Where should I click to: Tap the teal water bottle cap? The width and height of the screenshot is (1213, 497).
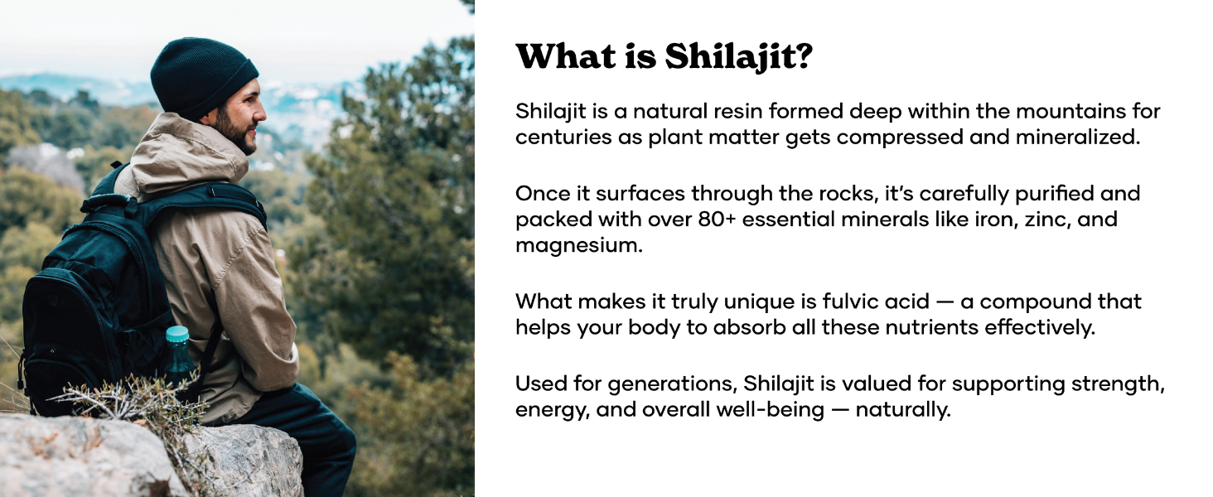click(x=177, y=334)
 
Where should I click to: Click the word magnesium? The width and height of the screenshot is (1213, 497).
click(x=579, y=246)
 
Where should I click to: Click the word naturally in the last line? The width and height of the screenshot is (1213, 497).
click(x=903, y=410)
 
